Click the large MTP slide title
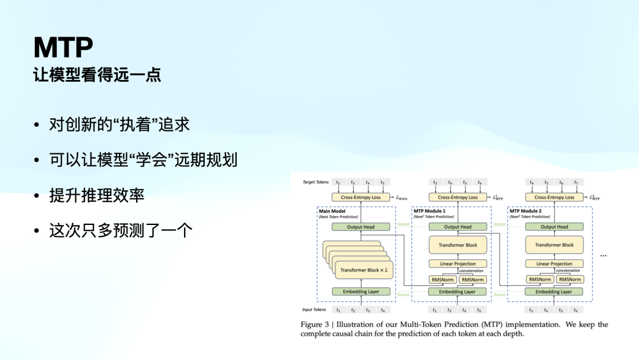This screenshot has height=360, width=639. pyautogui.click(x=63, y=47)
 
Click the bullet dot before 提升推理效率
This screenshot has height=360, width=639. pyautogui.click(x=37, y=196)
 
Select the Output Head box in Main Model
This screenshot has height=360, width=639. pyautogui.click(x=361, y=227)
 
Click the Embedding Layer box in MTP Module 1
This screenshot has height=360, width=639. pyautogui.click(x=457, y=291)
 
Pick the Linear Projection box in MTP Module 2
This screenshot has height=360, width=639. pyautogui.click(x=554, y=263)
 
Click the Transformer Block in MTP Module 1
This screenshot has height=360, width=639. pyautogui.click(x=457, y=245)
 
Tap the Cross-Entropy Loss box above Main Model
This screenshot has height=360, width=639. pyautogui.click(x=361, y=197)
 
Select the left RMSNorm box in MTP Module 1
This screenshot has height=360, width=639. pyautogui.click(x=443, y=279)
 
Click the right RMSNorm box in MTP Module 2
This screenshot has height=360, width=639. pyautogui.click(x=569, y=279)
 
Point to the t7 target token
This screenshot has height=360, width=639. pyautogui.click(x=576, y=182)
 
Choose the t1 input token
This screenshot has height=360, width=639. pyautogui.click(x=338, y=310)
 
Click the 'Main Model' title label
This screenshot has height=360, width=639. pyautogui.click(x=333, y=211)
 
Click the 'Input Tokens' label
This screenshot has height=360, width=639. pyautogui.click(x=314, y=310)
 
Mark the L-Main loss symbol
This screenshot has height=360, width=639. pyautogui.click(x=401, y=198)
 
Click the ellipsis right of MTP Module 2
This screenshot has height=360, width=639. pyautogui.click(x=603, y=256)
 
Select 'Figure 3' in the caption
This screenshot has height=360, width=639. pyautogui.click(x=314, y=324)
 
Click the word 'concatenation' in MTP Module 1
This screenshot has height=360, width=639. pyautogui.click(x=471, y=271)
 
